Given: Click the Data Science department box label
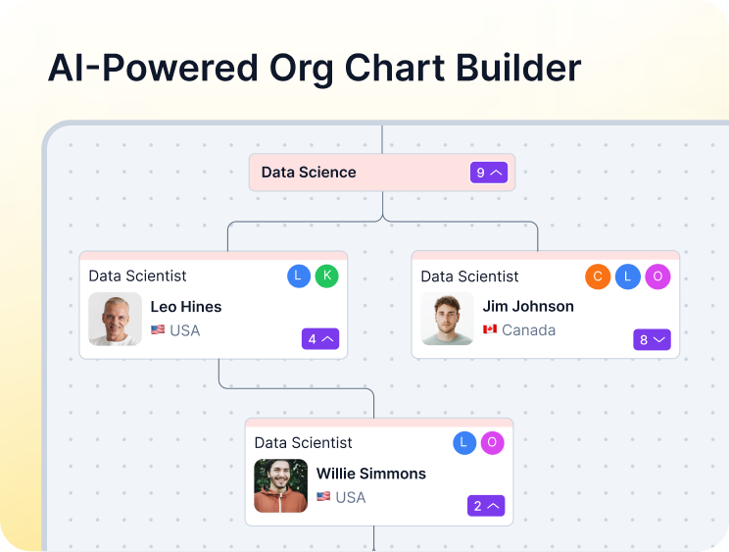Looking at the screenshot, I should tap(309, 173).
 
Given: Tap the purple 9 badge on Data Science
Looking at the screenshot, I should tap(489, 173).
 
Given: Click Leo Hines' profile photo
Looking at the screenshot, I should tap(115, 319).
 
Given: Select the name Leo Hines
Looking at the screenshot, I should tap(186, 307).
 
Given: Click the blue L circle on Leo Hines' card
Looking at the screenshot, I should tap(299, 276).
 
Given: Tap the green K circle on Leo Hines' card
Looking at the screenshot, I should tap(326, 276).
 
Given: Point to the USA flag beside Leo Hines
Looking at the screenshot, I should tap(158, 330).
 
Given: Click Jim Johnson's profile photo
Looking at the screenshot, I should tap(447, 319).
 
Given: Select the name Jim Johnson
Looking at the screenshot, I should tap(528, 307).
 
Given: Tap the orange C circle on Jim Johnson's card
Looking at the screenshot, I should tap(598, 276).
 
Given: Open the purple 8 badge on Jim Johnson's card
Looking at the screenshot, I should tap(652, 340).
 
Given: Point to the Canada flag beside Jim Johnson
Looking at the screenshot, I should tap(490, 330).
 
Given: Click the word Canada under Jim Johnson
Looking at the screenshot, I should tap(528, 330).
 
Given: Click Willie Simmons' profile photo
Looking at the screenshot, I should tap(280, 485).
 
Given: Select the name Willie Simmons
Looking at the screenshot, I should tap(370, 474).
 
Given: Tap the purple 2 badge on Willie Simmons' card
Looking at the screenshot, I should tap(486, 507).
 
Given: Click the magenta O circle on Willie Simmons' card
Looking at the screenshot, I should tap(492, 443).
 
